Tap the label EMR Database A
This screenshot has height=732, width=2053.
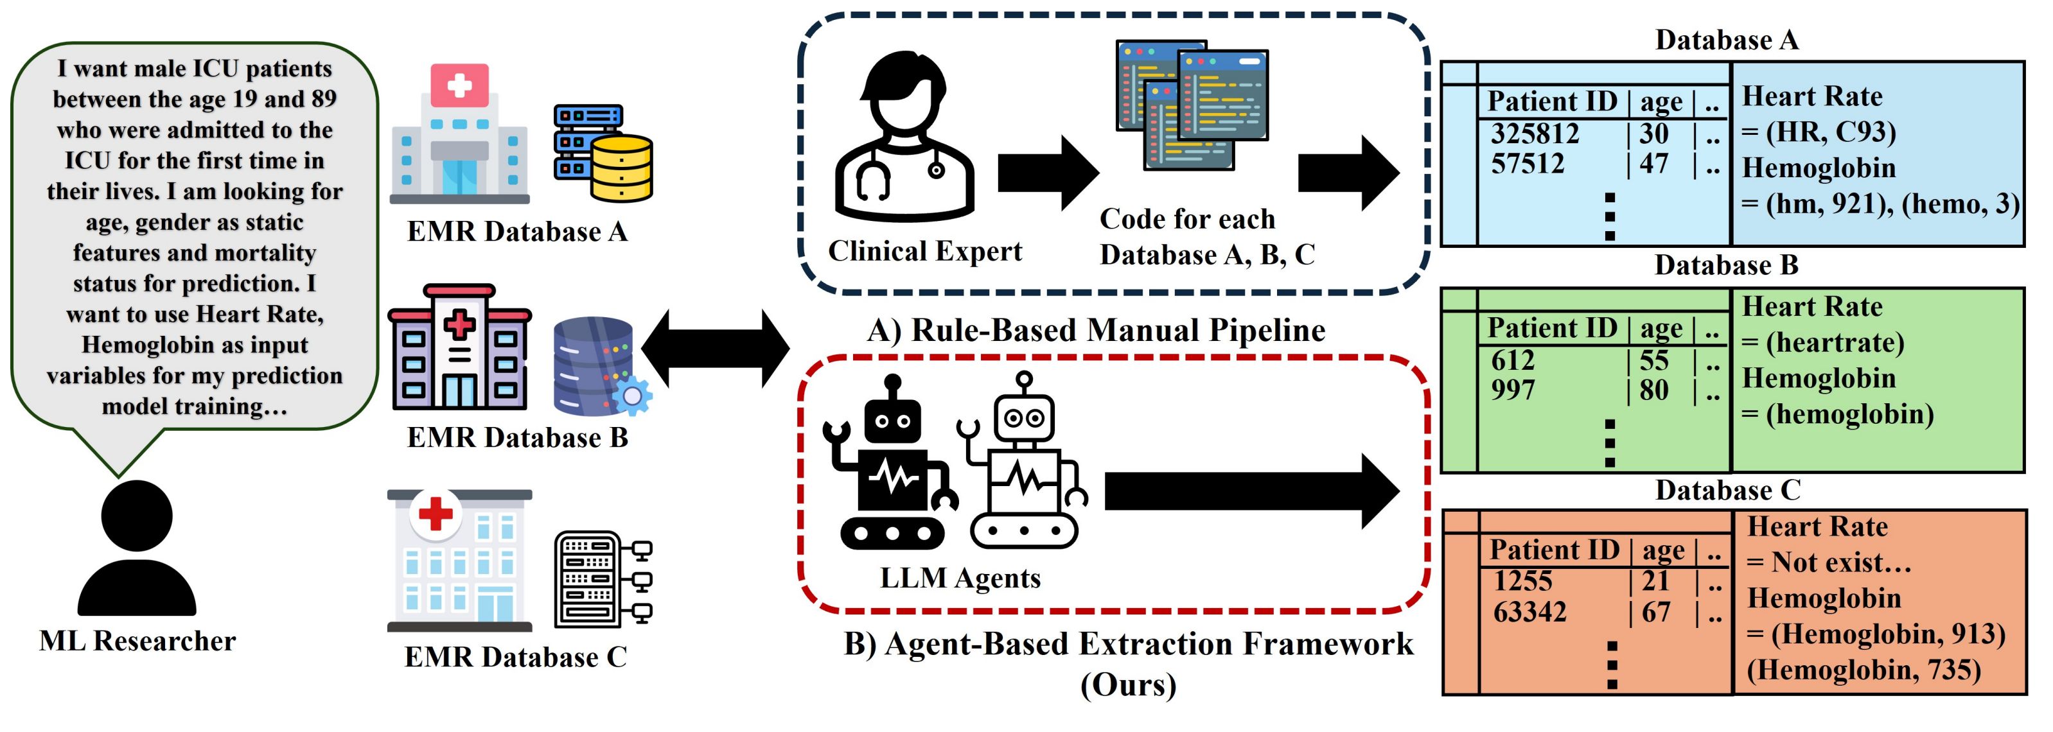pos(516,232)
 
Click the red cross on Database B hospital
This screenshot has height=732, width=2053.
pos(459,324)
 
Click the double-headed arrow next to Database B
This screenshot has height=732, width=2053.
pos(715,348)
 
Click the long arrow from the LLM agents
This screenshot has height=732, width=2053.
pos(1251,491)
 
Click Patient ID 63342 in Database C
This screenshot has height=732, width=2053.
pos(1529,612)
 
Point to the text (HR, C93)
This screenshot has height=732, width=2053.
pos(1831,132)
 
